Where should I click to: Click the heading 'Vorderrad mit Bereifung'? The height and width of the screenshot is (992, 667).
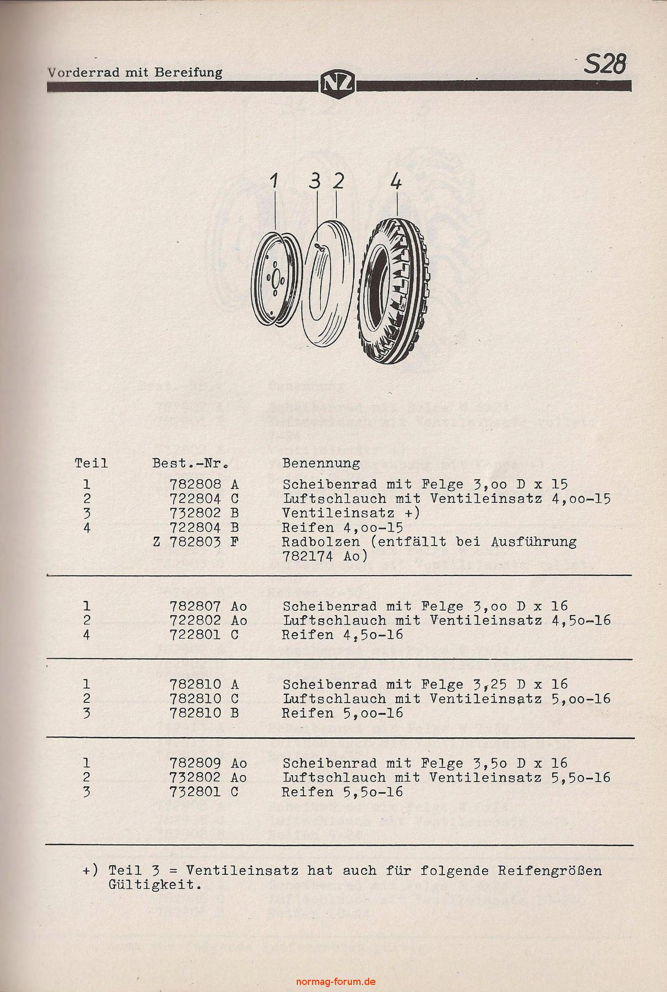[135, 72]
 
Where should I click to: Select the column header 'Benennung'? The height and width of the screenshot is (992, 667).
[321, 463]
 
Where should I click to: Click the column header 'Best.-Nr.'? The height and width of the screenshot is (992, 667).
[190, 463]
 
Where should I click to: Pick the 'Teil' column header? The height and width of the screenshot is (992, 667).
[91, 463]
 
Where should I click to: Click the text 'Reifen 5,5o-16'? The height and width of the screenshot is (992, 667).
[342, 792]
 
